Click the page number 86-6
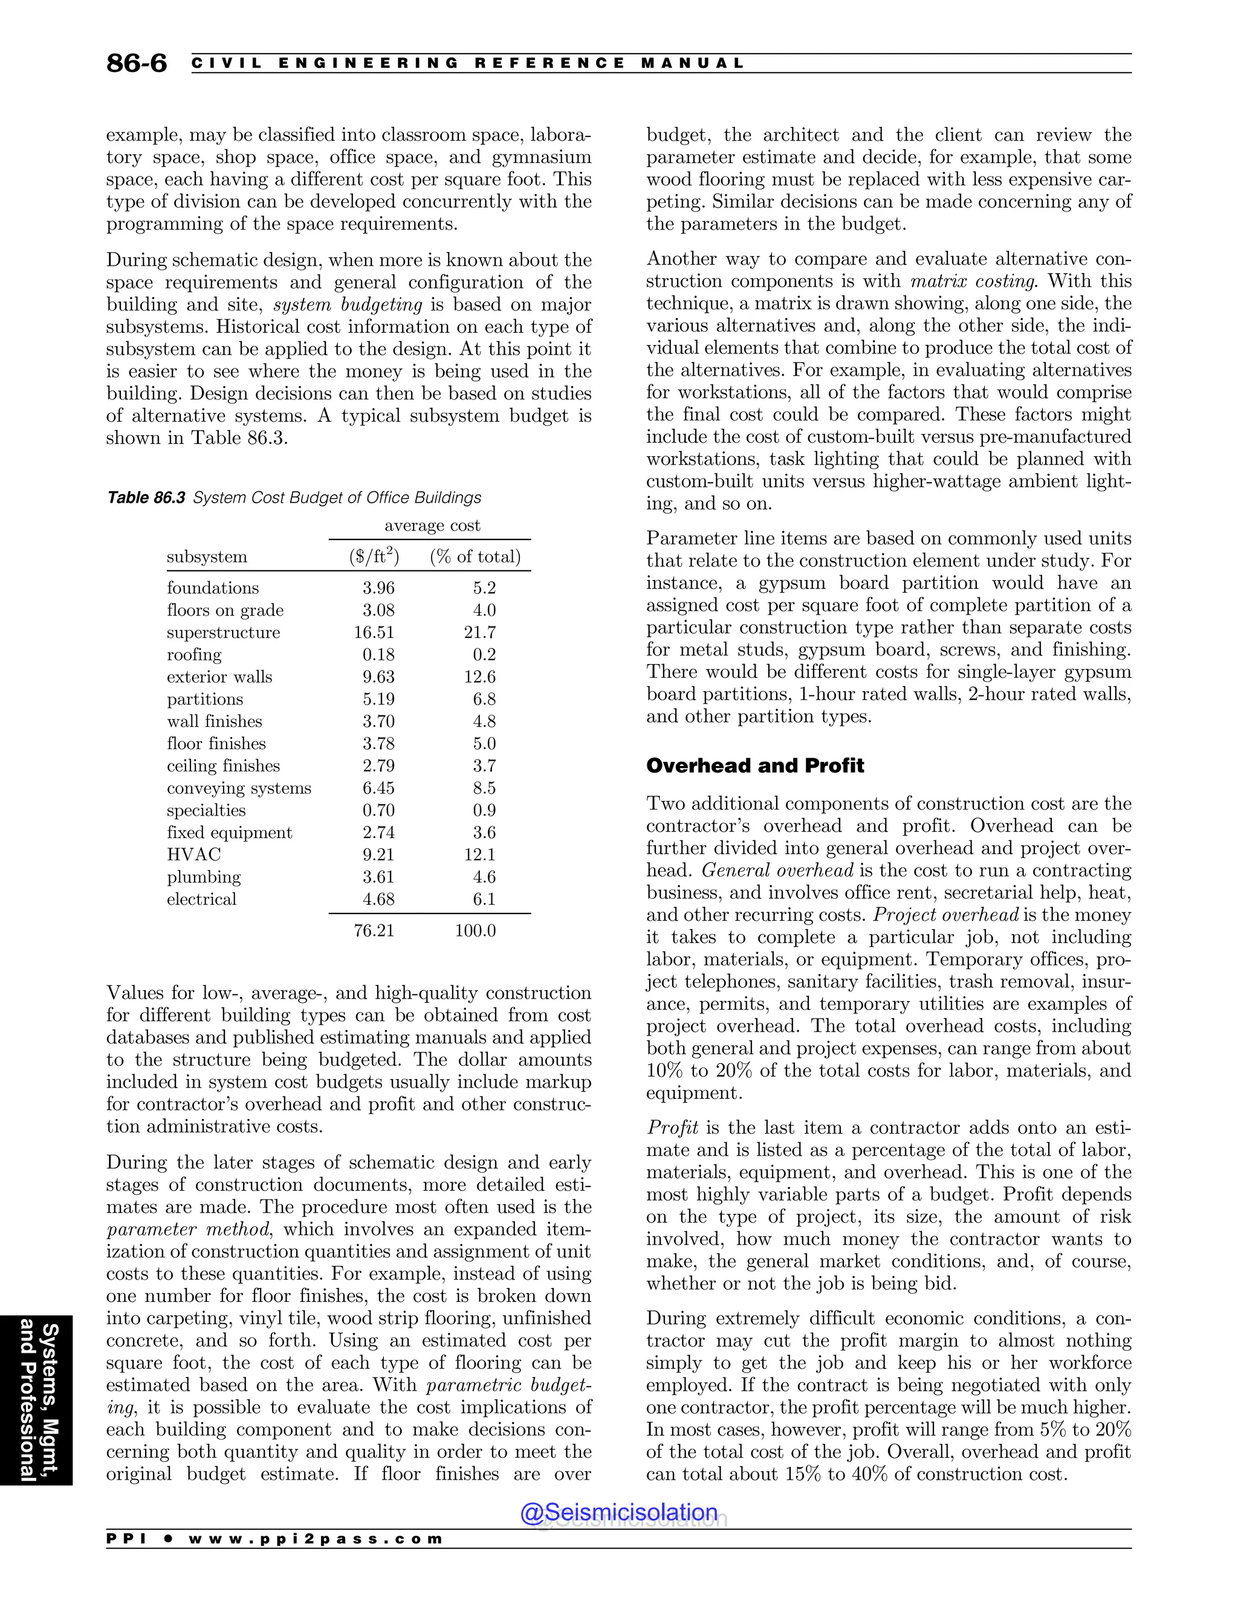(137, 64)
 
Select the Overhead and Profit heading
(754, 766)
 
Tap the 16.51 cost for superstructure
(374, 633)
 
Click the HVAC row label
(193, 855)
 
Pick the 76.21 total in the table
(374, 931)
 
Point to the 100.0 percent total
(475, 931)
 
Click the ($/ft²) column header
(374, 556)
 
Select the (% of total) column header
(475, 557)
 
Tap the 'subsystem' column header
(207, 557)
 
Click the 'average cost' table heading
(432, 526)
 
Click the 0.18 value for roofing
(378, 655)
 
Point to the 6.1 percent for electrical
(484, 900)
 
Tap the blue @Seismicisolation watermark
(618, 1512)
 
